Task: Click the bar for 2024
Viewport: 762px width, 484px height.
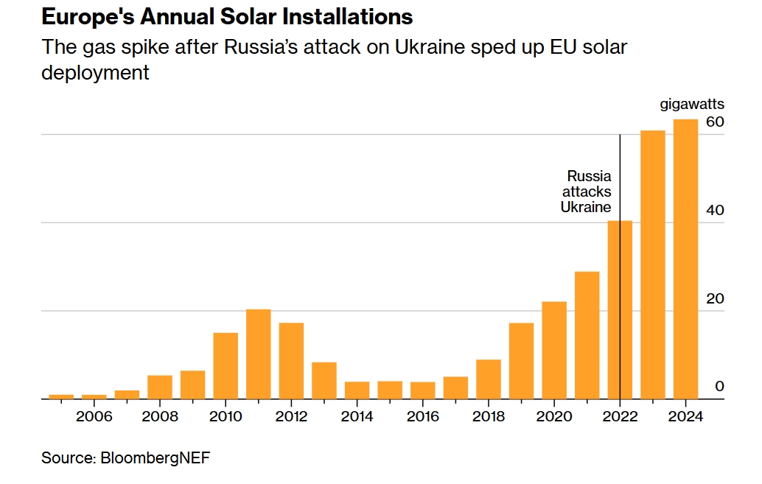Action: click(685, 259)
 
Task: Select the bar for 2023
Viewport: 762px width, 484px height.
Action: click(653, 265)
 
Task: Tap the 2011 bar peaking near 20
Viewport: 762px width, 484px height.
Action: click(259, 354)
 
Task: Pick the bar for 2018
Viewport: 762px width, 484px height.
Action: click(489, 379)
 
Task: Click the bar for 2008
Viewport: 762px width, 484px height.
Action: click(160, 387)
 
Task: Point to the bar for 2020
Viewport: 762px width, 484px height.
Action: click(554, 351)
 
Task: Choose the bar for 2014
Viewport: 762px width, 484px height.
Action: click(357, 390)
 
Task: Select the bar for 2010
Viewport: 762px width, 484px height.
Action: click(226, 366)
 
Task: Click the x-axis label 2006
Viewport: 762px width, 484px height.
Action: click(94, 416)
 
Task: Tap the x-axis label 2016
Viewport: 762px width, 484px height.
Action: click(423, 416)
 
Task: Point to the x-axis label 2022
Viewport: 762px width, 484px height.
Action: click(620, 416)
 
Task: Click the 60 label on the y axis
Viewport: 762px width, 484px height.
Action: click(715, 122)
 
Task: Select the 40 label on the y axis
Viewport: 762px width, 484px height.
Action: click(715, 210)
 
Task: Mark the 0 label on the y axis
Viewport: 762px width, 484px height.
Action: click(720, 386)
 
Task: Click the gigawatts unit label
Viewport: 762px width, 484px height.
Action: click(692, 105)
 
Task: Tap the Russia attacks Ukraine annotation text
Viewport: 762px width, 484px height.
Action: click(586, 192)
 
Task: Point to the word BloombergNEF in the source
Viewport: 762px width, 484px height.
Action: click(155, 457)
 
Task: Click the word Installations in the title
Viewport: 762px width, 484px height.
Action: click(347, 17)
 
